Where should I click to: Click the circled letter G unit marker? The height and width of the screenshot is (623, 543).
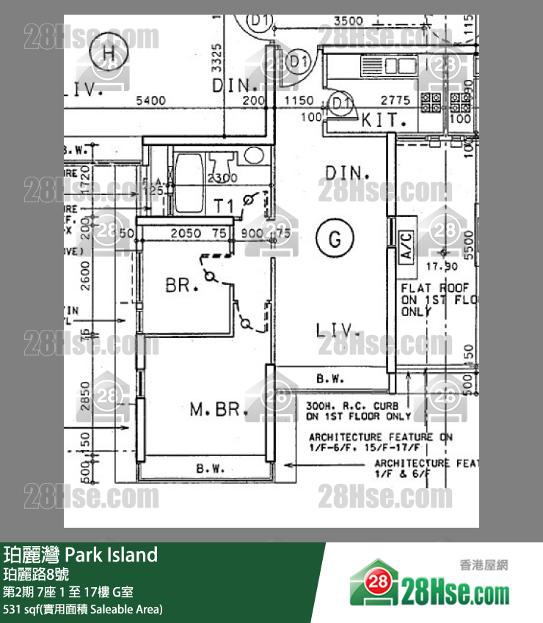coord(335,239)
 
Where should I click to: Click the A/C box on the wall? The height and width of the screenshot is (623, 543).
coord(405,246)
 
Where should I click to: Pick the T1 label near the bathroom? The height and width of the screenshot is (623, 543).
coord(224,206)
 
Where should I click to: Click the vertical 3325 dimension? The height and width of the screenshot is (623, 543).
coord(216,59)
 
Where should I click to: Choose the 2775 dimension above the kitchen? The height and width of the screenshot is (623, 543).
coord(396,100)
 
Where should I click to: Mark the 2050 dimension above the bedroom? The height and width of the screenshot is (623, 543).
coord(186,233)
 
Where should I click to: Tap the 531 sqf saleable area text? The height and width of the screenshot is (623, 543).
coord(83,609)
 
